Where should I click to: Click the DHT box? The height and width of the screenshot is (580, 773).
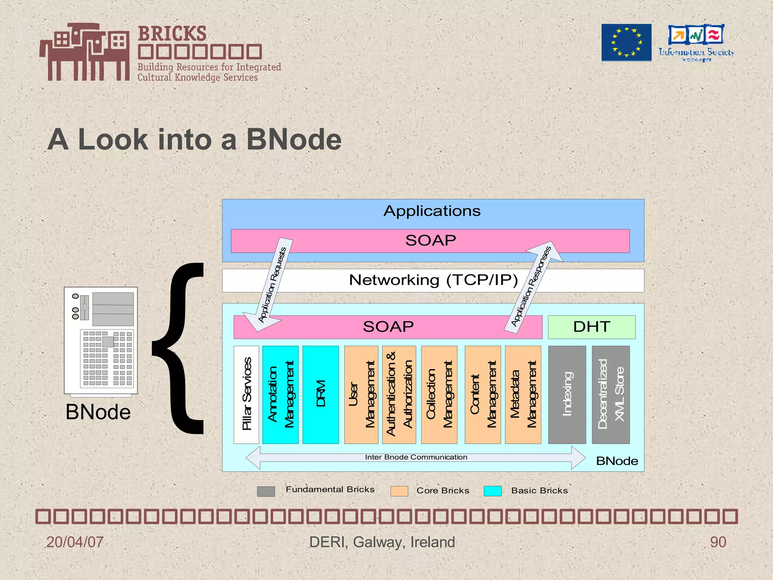pos(591,327)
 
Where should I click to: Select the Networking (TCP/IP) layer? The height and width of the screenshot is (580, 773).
pos(433,281)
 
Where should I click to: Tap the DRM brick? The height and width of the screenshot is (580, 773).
pos(320,395)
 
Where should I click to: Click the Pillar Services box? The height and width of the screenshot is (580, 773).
pos(246,395)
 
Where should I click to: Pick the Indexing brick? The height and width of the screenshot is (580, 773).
pos(567,395)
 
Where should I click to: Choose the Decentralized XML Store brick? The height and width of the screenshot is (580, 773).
pos(611,395)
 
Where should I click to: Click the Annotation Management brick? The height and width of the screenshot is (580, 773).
pos(280,395)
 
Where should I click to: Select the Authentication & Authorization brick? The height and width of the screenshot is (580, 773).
pos(399,395)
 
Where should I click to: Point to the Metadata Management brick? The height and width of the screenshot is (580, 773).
pos(523,395)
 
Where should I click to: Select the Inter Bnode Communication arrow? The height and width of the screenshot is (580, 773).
pos(415,458)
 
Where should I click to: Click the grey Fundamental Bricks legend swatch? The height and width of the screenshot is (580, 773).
pos(266,491)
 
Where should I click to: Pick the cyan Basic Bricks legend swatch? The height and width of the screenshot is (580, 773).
pos(493,491)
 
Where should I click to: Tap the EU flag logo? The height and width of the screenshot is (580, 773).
pos(626,42)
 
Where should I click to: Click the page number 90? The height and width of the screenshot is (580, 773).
pos(718,542)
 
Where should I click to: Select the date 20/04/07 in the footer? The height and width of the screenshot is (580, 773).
pos(75,542)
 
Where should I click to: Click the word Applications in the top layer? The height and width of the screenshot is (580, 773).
pos(432,211)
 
